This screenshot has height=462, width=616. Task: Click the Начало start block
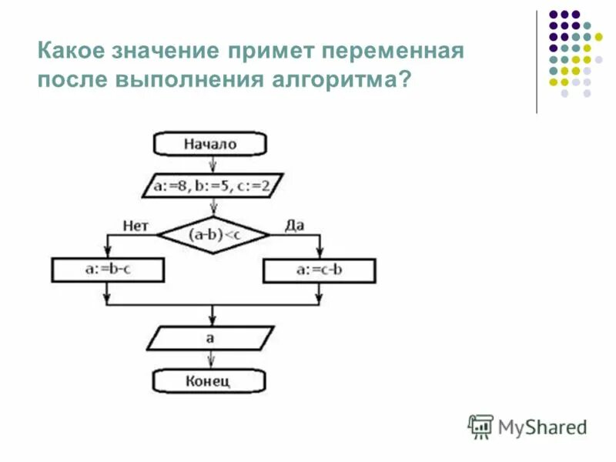pos(210,144)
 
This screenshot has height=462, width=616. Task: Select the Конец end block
pos(209,380)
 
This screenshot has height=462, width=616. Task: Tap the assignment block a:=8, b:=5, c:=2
pos(213,186)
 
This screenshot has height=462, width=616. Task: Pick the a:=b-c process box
pos(108,269)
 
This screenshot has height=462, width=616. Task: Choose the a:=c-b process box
pos(319,269)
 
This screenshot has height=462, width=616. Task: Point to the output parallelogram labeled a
pos(210,337)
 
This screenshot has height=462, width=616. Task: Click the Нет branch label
pos(136,225)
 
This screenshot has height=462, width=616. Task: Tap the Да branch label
pos(295,225)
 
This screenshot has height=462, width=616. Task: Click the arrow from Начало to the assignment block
pos(213,164)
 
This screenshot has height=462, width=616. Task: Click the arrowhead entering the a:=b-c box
pos(109,254)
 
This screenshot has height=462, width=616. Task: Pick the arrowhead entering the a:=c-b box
pos(320,254)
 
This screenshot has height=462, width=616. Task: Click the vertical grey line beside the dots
pos(537,62)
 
